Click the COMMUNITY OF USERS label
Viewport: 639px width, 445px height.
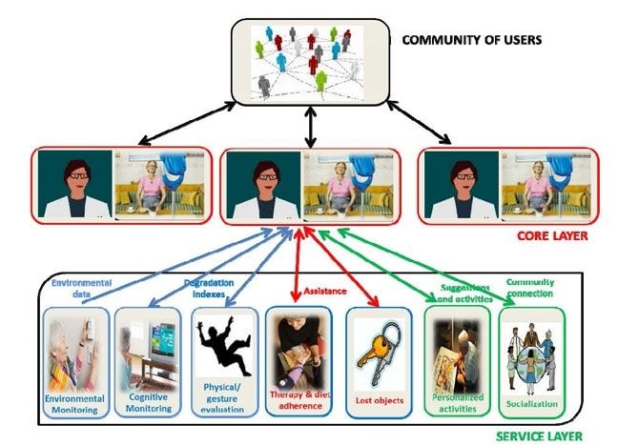click(470, 40)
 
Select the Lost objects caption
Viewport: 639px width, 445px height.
click(377, 401)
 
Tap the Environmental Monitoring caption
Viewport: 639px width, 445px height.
click(73, 401)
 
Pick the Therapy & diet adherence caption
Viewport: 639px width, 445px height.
click(299, 399)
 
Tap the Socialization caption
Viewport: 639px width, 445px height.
click(532, 403)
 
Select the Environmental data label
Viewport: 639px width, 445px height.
click(81, 289)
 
